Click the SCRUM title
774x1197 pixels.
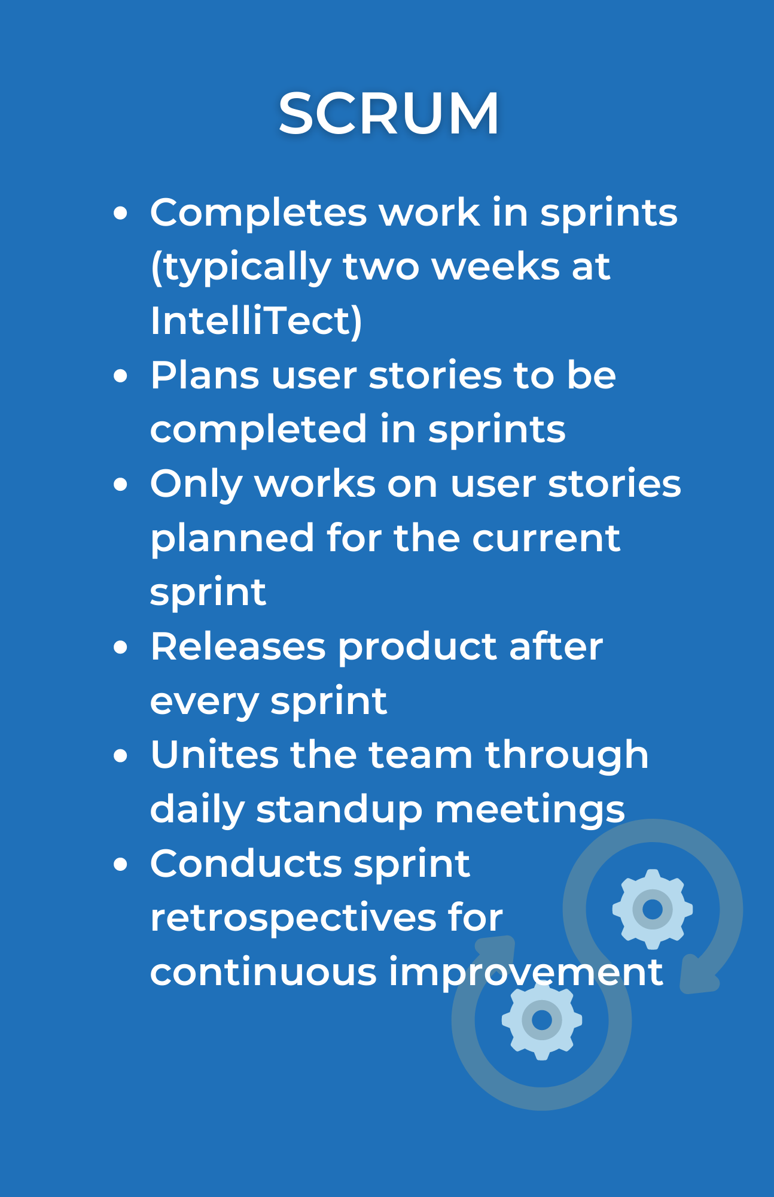(389, 113)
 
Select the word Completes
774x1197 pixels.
(258, 212)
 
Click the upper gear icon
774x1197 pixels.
(653, 909)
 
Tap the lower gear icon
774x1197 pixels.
(542, 1019)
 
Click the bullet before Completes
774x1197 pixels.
(121, 213)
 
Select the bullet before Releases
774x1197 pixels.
(121, 647)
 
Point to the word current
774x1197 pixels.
(546, 538)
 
